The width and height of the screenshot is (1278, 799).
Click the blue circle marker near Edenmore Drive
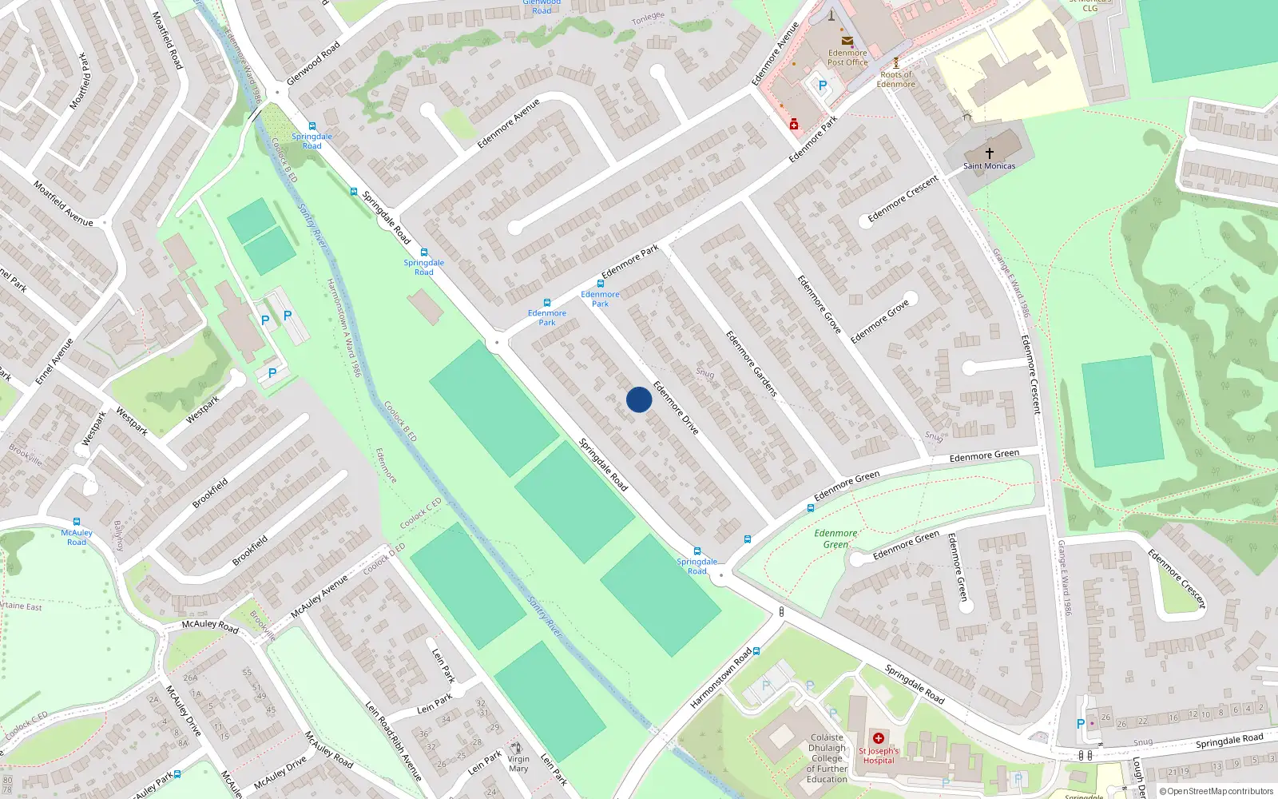(x=638, y=399)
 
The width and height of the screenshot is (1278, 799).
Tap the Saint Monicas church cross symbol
(x=989, y=153)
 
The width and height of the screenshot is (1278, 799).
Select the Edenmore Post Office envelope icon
(x=847, y=42)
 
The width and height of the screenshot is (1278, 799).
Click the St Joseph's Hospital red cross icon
(x=879, y=738)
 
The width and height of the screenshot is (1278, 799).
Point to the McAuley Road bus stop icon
(x=77, y=522)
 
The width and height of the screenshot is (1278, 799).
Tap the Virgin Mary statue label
(x=518, y=764)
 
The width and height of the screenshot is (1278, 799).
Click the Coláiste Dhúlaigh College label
(x=827, y=758)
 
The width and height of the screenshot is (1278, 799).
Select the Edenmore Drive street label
(x=676, y=408)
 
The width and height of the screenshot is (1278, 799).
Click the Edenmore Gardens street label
(x=751, y=364)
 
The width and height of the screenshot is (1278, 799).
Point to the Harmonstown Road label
(x=720, y=678)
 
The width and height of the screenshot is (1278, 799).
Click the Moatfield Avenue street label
(x=62, y=204)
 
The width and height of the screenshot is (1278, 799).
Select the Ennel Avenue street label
(x=54, y=361)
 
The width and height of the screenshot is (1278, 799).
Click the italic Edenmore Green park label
(x=835, y=539)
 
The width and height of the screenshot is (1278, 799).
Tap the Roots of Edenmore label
(x=895, y=79)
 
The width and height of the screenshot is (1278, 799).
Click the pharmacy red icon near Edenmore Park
(x=793, y=125)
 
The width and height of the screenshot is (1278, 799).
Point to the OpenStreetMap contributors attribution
(x=1216, y=791)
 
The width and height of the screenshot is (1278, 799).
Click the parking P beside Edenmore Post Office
(x=822, y=85)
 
